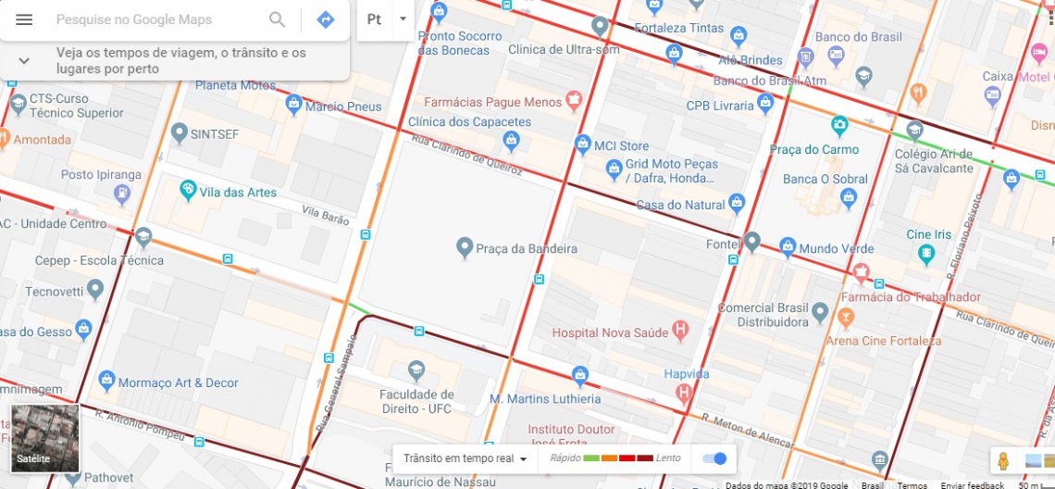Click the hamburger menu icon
[24, 19]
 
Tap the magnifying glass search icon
[277, 19]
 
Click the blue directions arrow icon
[325, 19]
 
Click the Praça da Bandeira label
[526, 248]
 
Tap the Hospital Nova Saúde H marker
[681, 329]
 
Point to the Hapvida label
[686, 374]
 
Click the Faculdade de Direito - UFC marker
[416, 370]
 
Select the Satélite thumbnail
[45, 438]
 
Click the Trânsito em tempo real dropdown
[465, 458]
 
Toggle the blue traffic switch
[714, 458]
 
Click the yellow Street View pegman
[1002, 460]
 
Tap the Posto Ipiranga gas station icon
[120, 193]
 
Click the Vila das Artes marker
[188, 191]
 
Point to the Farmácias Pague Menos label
[492, 102]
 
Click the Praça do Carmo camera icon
[839, 124]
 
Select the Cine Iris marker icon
[926, 253]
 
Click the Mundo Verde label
[837, 249]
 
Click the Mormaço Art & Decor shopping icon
[106, 379]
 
